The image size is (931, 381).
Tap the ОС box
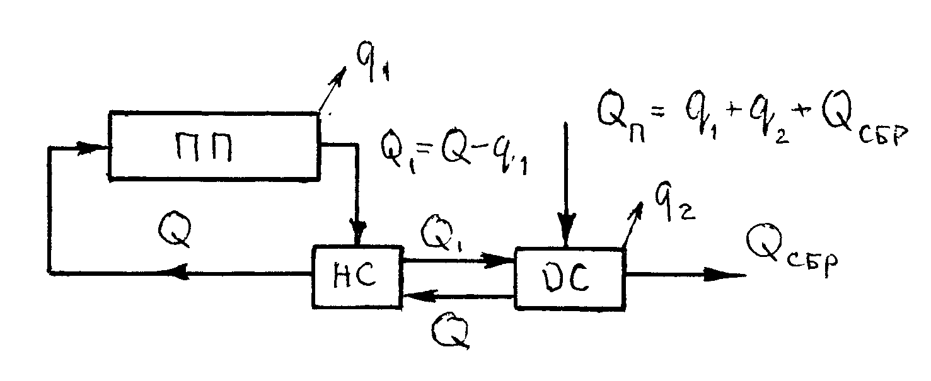coord(570,278)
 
